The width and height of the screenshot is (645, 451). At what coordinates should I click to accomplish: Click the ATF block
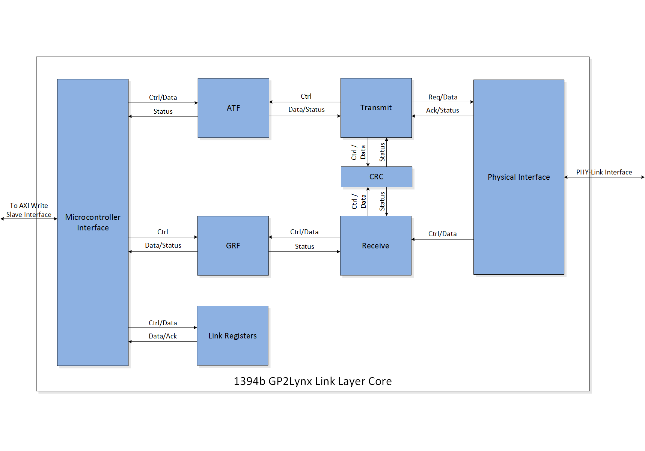233,108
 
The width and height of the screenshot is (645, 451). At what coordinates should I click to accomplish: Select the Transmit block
376,108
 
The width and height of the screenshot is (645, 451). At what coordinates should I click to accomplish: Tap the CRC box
376,177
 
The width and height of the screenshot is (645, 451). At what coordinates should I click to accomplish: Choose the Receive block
375,246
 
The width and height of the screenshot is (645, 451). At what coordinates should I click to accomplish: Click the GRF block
233,246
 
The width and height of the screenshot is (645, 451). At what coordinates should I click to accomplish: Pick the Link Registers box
232,336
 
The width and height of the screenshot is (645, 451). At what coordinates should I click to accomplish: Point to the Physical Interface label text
518,177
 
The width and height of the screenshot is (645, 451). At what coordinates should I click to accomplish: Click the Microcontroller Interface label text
93,222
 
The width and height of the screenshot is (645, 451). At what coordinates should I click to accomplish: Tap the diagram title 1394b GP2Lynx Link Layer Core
312,381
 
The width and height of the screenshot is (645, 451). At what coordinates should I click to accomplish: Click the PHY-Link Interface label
604,172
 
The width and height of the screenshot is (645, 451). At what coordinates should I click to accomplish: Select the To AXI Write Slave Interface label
29,210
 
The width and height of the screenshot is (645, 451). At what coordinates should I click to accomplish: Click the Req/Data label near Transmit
443,97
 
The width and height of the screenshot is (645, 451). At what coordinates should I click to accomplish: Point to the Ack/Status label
442,110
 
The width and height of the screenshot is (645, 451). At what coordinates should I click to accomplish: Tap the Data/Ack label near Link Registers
163,336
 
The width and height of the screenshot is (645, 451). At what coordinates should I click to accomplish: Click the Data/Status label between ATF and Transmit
306,110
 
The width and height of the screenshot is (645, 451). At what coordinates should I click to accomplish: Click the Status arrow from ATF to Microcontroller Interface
163,116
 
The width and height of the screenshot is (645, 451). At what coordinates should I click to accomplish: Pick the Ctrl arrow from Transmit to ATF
304,102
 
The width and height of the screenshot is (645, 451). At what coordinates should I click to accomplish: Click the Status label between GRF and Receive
304,247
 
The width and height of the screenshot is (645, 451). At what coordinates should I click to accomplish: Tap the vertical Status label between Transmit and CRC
382,152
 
